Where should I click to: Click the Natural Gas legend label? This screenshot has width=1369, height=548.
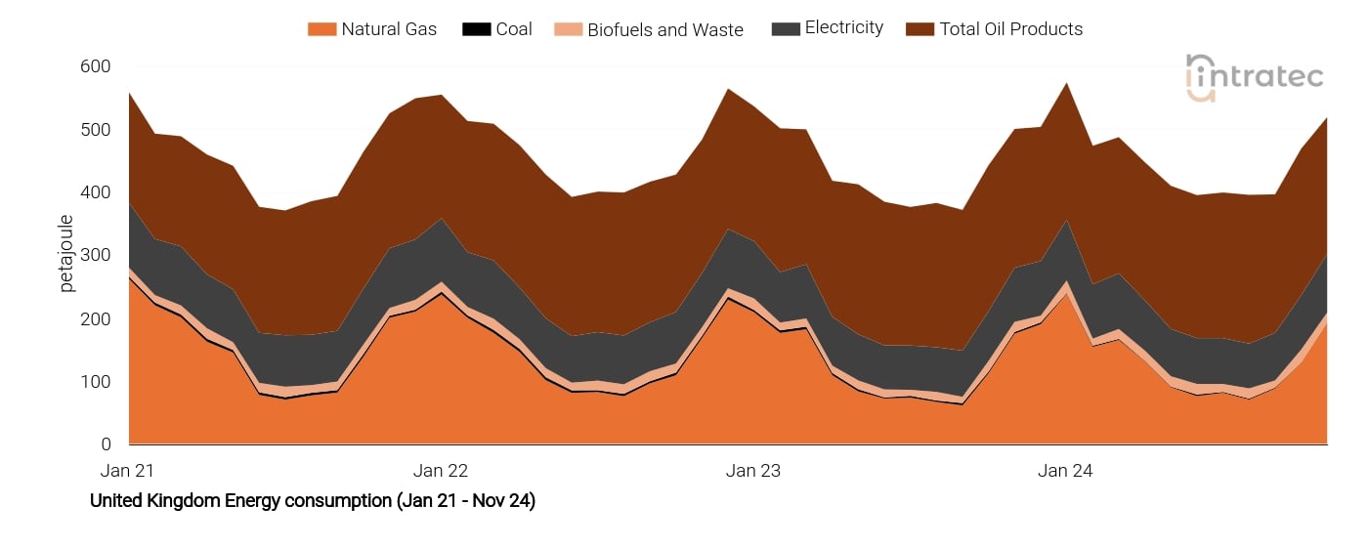point(389,29)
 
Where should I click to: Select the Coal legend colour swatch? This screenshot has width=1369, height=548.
point(476,29)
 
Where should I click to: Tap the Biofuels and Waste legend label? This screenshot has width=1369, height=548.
point(664,30)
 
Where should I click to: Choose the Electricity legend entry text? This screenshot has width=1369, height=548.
point(844,28)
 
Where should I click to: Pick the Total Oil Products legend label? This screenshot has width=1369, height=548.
point(1011,29)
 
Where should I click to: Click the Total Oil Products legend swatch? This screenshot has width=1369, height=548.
point(920,29)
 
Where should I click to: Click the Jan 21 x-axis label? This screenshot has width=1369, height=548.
point(129,471)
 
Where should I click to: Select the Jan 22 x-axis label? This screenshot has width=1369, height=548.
point(441,471)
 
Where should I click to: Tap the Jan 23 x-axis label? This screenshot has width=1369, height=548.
point(753,471)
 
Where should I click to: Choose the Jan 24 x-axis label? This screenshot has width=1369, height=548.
point(1065,471)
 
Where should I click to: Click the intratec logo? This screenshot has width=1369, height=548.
point(1255,77)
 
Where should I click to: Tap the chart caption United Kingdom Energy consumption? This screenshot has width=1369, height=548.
point(313,501)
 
